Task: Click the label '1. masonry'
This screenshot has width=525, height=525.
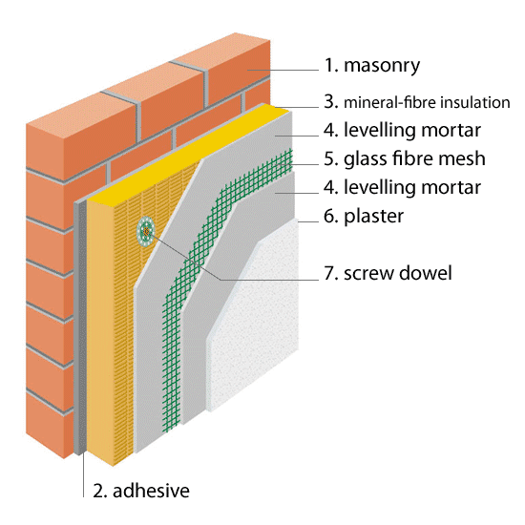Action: point(371,65)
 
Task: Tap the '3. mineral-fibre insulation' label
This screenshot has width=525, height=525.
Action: point(417,102)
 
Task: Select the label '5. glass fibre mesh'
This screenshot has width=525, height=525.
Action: point(405,158)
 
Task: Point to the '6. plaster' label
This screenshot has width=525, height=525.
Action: point(364,216)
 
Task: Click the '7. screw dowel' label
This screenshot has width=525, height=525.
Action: point(388,273)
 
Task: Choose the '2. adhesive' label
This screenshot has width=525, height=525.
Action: point(141,491)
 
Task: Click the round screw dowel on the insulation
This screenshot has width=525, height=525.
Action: point(145,231)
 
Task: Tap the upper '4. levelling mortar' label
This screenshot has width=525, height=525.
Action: point(402,130)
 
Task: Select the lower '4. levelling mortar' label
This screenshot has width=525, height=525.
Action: point(402,187)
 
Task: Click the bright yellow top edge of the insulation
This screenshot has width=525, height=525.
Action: point(187,151)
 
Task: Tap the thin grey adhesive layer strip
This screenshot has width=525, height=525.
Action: point(80,328)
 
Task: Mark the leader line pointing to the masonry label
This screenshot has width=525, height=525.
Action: point(283,70)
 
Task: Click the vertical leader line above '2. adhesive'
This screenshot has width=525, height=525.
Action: point(83,474)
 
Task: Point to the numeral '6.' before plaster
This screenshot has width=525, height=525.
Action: point(331,216)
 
